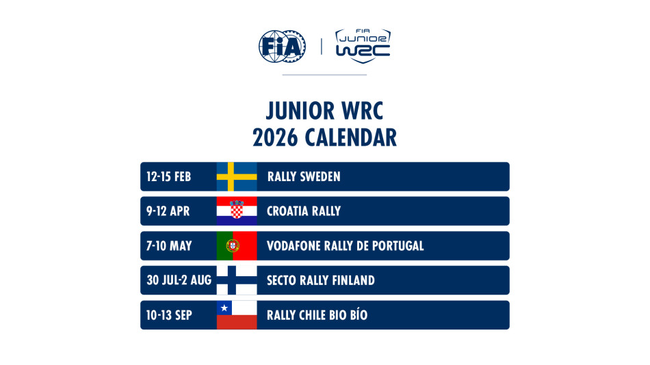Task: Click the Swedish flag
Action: [x=237, y=176]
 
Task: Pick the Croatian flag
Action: [x=237, y=211]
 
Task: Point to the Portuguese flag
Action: [x=237, y=245]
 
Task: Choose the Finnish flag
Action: [x=237, y=280]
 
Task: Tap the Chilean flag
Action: [x=237, y=315]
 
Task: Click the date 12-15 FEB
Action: [x=168, y=177]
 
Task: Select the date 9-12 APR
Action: [x=168, y=211]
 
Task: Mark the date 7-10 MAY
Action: [x=169, y=246]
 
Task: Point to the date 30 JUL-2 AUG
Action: [x=179, y=280]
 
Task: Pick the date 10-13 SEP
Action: [x=168, y=315]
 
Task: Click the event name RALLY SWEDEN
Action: [x=304, y=177]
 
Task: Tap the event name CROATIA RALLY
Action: [x=304, y=211]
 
